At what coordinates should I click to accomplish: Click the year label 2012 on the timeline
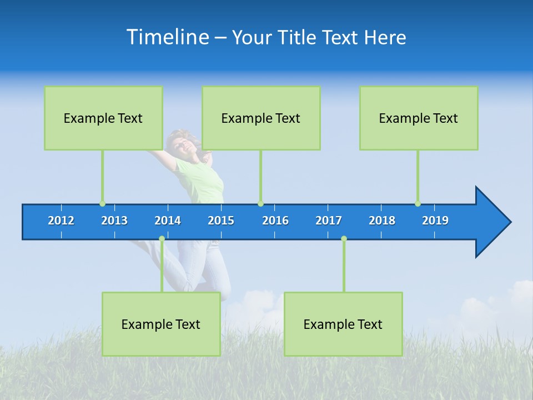point(61,221)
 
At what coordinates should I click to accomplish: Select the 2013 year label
point(114,221)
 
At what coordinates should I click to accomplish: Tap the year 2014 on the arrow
point(168,221)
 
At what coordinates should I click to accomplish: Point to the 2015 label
point(221,221)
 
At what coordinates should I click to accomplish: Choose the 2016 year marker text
point(275,221)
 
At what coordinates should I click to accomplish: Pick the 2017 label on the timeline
point(329,221)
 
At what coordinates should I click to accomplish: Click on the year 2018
point(382,221)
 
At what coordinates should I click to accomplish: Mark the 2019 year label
point(435,221)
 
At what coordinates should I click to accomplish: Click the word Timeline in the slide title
point(168,37)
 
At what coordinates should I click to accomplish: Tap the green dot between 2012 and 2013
point(102,204)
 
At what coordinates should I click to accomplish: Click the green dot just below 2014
point(162,238)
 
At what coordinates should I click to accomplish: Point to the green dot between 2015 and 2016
point(260,204)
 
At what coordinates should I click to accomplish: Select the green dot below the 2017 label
point(344,238)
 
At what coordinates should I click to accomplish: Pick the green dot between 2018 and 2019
point(418,204)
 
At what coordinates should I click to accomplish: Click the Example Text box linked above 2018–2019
point(419,118)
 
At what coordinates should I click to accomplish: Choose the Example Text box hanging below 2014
point(161,324)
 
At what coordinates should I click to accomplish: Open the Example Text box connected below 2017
point(343,324)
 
